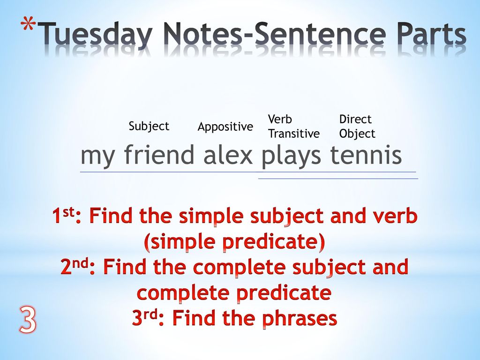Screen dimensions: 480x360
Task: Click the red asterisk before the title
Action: click(28, 26)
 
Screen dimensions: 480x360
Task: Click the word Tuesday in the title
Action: click(96, 35)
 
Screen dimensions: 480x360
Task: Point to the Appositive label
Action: click(225, 127)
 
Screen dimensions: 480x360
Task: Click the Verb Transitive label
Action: click(293, 127)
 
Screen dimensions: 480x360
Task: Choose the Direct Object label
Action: click(357, 127)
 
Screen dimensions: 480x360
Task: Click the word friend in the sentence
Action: click(159, 155)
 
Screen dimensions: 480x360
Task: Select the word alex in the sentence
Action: click(228, 155)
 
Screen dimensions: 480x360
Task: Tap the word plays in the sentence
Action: click(291, 157)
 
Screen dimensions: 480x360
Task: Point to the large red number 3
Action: click(28, 320)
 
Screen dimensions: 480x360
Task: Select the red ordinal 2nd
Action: click(75, 266)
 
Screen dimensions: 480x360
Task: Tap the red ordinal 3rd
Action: click(145, 317)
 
